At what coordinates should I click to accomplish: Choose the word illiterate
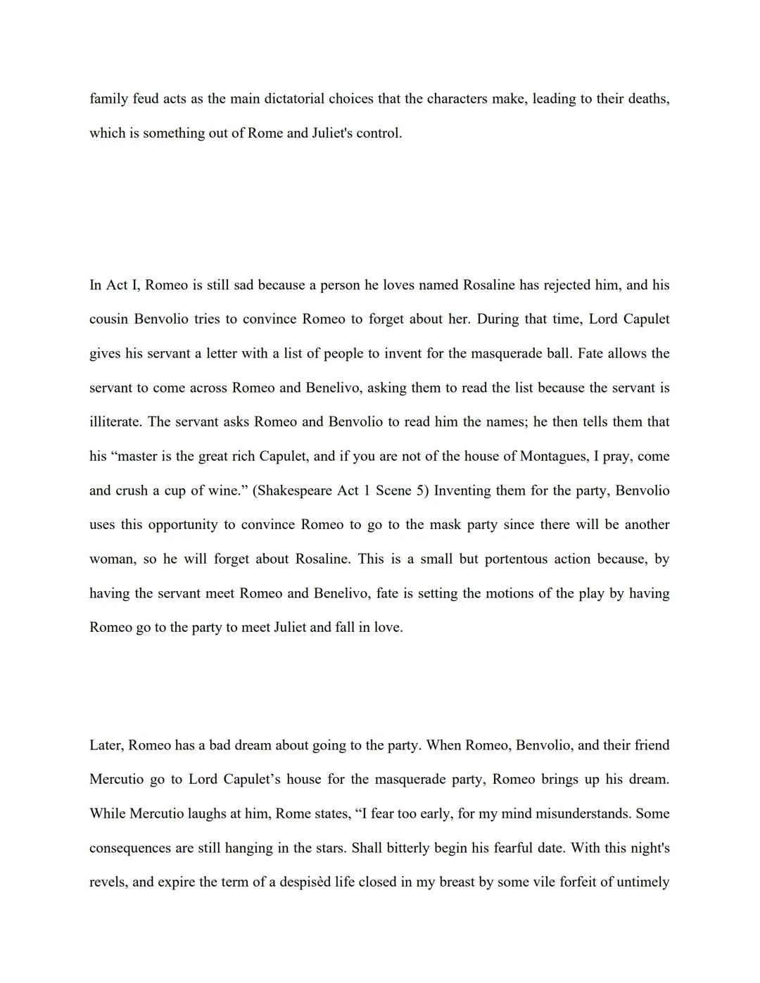point(115,422)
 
